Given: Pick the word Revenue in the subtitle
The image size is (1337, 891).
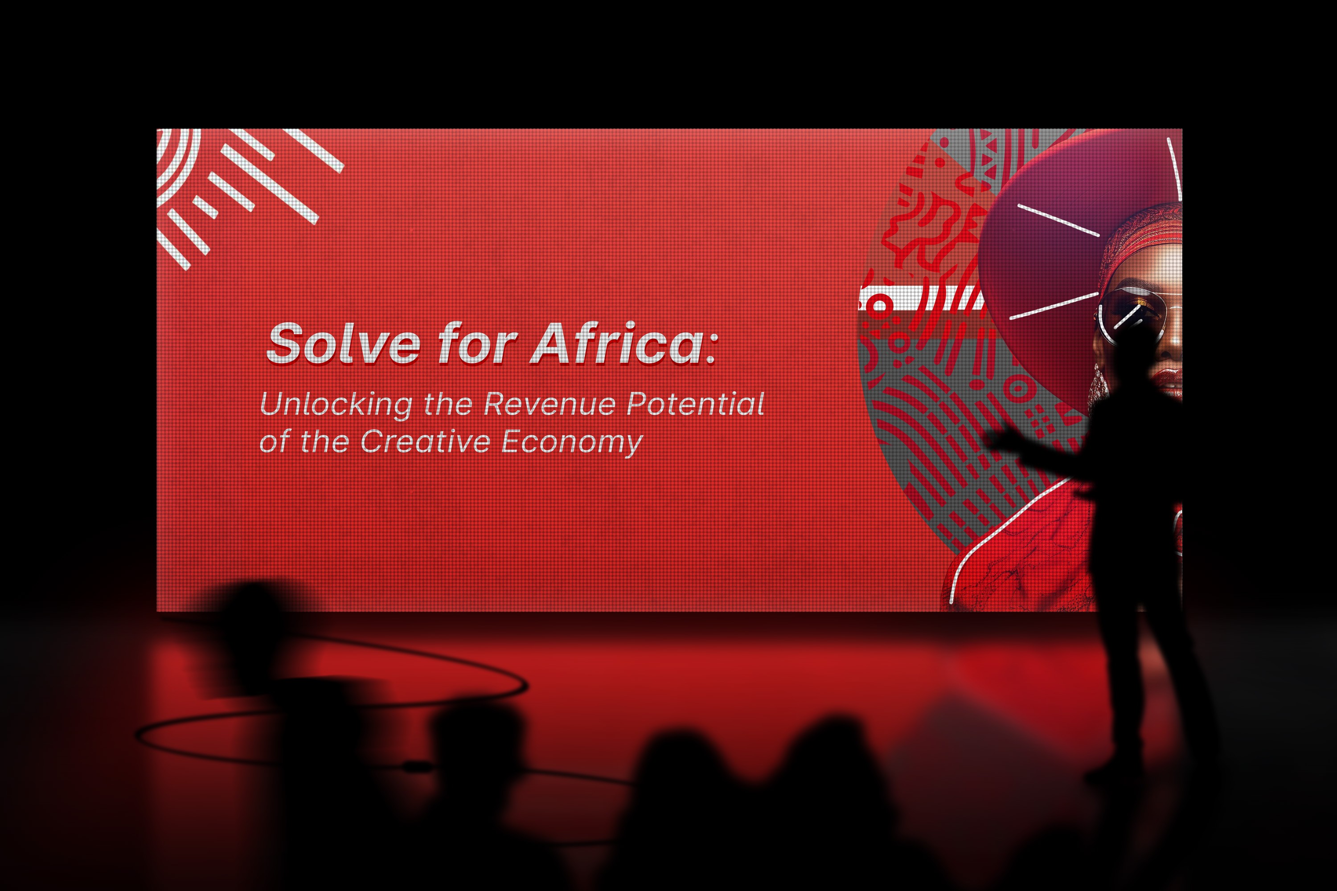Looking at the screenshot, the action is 549,404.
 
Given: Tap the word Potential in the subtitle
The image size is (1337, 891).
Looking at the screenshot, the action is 695,404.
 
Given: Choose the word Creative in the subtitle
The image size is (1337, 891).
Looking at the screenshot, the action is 425,441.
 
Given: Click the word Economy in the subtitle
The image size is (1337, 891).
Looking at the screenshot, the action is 572,443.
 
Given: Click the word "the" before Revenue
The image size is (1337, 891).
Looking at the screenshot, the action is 448,405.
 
